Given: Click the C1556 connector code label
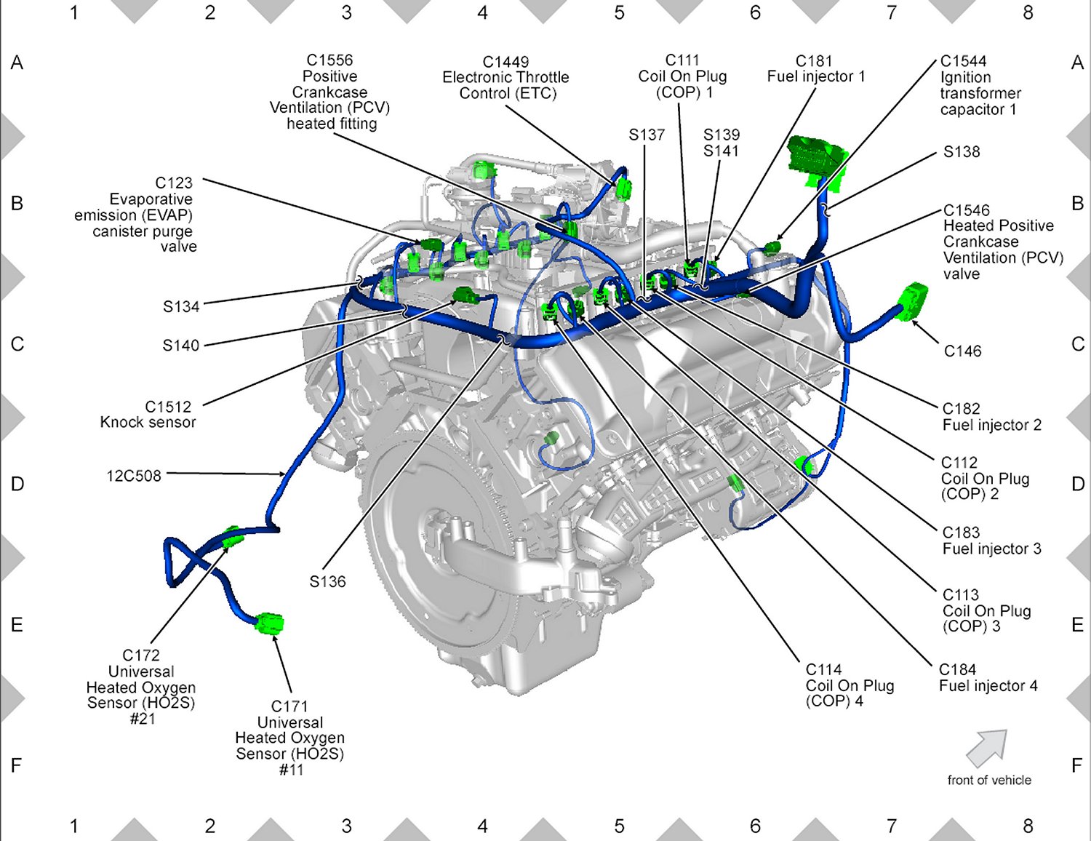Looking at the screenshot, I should tap(329, 60).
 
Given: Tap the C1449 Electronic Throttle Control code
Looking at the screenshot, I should tap(505, 62).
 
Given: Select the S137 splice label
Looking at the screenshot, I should tap(647, 135).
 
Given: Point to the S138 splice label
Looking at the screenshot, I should tap(961, 152).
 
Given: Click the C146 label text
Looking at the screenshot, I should tap(962, 351).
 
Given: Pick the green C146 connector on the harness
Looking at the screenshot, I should tap(912, 300).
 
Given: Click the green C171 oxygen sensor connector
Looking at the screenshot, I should tap(270, 623).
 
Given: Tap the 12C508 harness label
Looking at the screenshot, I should tap(134, 476).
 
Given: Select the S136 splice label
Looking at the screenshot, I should tap(327, 582).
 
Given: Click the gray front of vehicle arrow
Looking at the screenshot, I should tap(988, 747).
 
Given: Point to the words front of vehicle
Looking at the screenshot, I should tap(989, 780).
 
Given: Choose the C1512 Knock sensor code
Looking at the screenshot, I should tap(168, 407).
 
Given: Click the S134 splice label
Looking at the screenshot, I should tap(181, 307).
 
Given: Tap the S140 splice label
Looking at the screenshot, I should tap(180, 346).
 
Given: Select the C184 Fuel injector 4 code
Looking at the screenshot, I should tap(957, 669).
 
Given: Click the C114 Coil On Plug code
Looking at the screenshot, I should tap(823, 669).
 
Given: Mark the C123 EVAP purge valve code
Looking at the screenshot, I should tap(174, 183).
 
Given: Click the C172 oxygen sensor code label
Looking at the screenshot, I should tap(140, 655).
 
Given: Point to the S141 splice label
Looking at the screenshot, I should tap(721, 151).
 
